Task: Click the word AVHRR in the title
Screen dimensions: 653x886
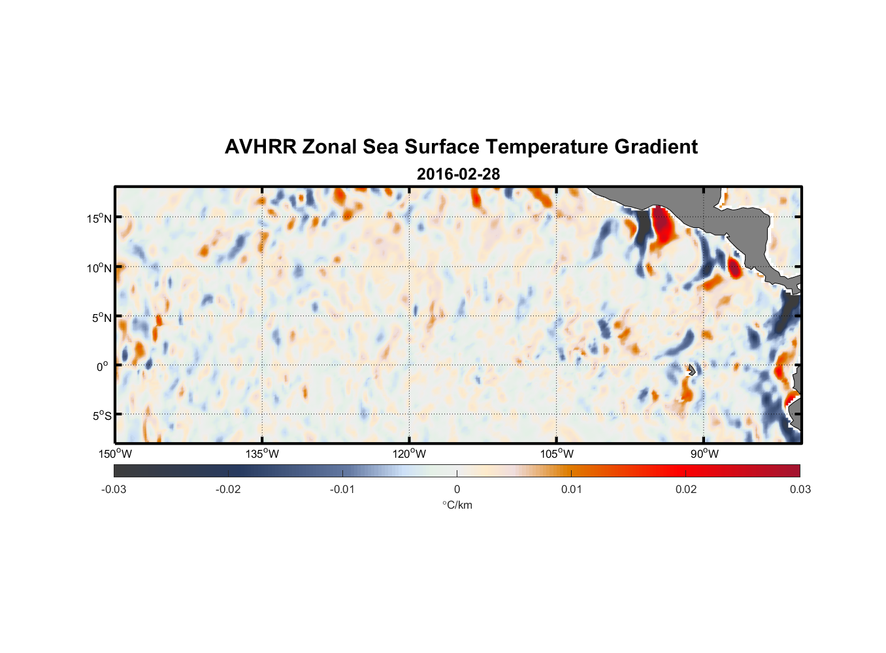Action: (x=260, y=147)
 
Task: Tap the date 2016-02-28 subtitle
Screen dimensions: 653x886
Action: (x=458, y=174)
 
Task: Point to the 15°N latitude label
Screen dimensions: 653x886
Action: (x=99, y=218)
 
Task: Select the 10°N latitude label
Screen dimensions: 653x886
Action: (x=99, y=268)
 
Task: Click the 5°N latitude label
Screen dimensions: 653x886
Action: (x=101, y=317)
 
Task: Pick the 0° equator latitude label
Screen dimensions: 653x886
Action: (x=103, y=366)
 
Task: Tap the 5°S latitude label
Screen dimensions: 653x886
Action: (x=101, y=416)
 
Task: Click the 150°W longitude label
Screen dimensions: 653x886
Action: (x=115, y=454)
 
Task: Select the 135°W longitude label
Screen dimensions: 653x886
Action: (x=263, y=454)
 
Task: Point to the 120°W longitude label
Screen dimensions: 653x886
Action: (x=410, y=454)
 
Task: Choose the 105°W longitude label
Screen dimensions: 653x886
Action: (x=557, y=454)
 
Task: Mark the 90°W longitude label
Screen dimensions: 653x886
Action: (x=704, y=454)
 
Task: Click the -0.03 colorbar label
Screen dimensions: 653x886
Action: (x=114, y=489)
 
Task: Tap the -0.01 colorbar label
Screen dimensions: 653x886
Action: (x=342, y=489)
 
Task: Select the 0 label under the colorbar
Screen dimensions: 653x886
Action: (x=457, y=489)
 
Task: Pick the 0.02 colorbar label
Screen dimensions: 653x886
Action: (x=686, y=489)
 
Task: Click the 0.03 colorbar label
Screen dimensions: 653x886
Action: (x=800, y=489)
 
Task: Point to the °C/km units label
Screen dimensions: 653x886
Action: (x=457, y=505)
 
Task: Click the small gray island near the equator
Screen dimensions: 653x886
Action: (x=692, y=370)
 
